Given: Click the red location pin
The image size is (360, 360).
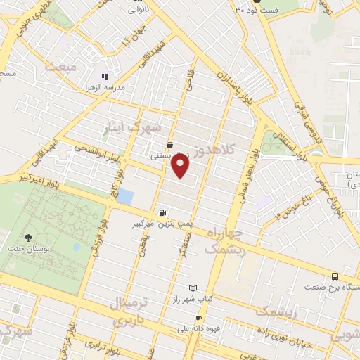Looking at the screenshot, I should coord(181,165).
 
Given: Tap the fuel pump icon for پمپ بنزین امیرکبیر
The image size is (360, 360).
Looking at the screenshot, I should coord(164,212).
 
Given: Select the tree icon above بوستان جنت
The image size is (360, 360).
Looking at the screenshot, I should coord(28,238).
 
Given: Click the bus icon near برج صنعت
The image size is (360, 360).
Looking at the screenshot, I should coord(335,276).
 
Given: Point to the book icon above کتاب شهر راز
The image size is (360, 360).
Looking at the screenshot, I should coord(194,288).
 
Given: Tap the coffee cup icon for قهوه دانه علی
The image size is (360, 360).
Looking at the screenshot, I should coord(199,318).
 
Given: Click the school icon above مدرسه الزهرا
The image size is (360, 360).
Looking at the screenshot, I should coord(105,76).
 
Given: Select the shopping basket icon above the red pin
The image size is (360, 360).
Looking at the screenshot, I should coord(171,146).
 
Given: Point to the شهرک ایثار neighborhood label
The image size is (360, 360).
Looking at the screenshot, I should coord(137,127).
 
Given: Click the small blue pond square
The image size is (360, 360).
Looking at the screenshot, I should coord(124,196).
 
